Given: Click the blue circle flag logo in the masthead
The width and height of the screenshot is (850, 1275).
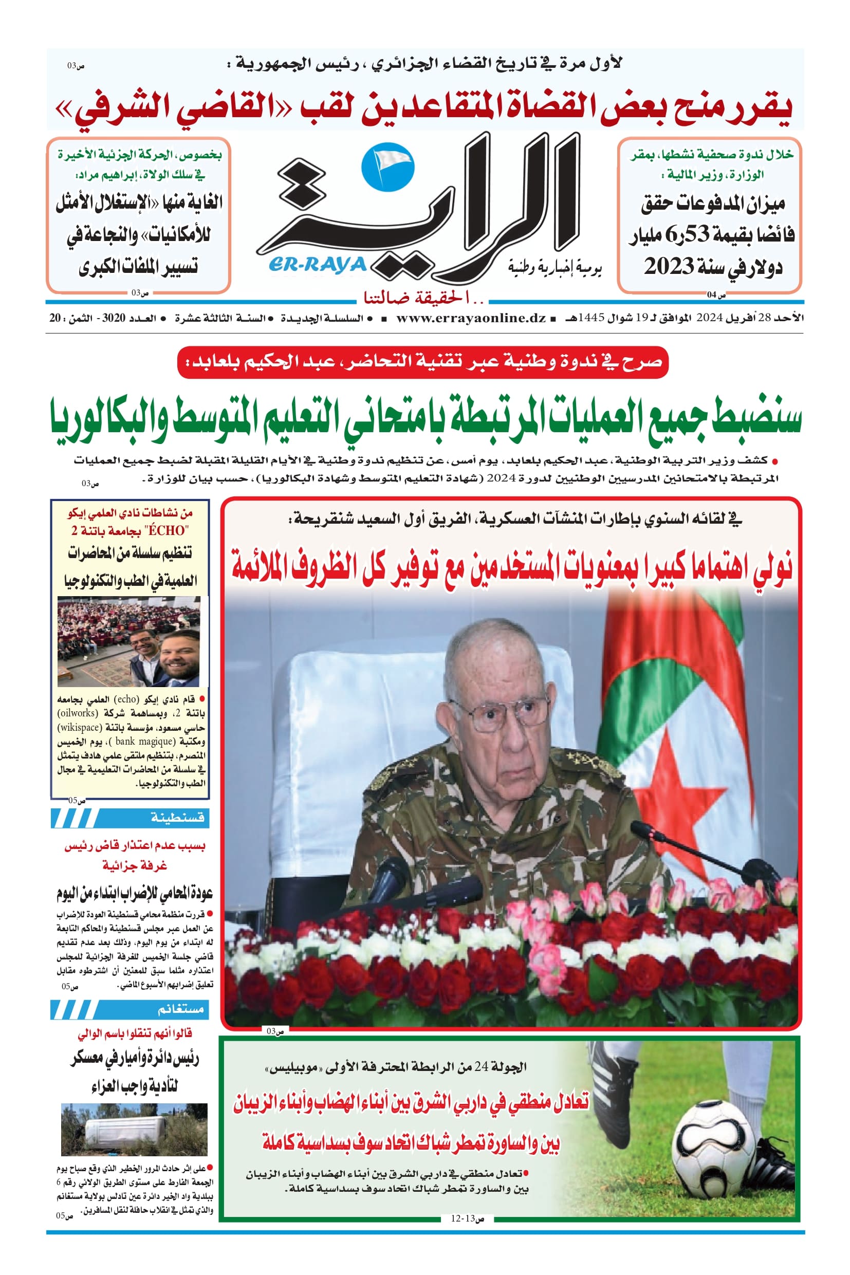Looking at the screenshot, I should (x=387, y=165).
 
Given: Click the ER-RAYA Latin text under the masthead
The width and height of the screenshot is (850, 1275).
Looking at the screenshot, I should (x=317, y=265).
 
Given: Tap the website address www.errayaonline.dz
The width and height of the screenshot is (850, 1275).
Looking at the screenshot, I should (x=471, y=318).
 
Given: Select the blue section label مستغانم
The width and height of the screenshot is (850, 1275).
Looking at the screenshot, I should (x=180, y=1009).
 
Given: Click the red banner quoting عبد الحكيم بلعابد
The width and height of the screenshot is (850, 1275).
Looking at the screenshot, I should (x=423, y=362).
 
